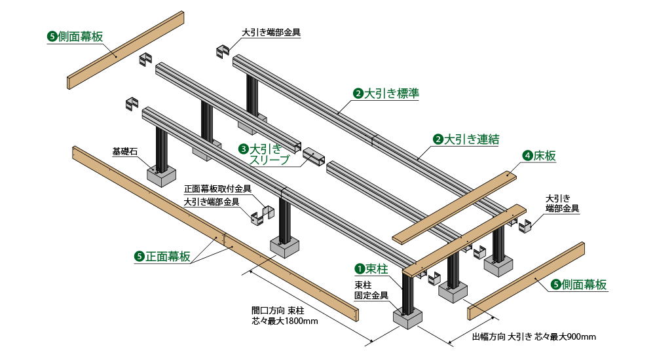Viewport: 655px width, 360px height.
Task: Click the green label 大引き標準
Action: [391, 94]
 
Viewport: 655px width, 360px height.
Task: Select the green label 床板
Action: [544, 156]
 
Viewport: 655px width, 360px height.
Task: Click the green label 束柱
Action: [377, 268]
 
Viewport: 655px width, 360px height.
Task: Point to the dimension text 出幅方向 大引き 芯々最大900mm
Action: [533, 337]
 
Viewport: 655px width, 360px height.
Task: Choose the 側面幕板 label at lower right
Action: [584, 285]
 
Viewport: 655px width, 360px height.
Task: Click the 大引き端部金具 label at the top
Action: [271, 31]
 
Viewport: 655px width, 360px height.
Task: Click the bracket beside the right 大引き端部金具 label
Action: [524, 226]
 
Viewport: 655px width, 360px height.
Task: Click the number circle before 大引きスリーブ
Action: [243, 149]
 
